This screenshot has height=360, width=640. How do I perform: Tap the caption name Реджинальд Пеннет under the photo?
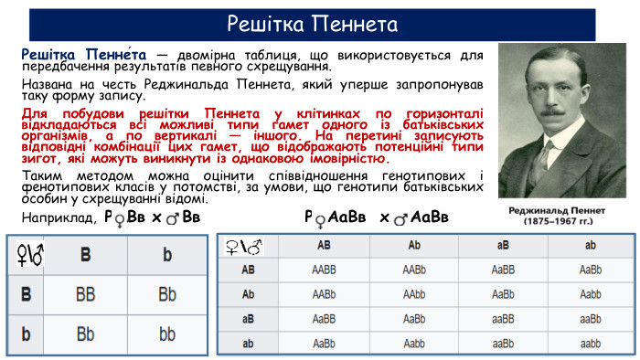[x=559, y=209]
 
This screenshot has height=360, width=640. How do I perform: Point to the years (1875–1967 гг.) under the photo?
[x=559, y=221]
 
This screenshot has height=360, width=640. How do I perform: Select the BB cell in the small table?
[x=85, y=295]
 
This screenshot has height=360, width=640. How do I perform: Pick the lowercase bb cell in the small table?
[x=167, y=334]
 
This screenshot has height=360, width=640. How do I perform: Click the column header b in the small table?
[x=167, y=256]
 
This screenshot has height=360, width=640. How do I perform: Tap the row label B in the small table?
[x=26, y=295]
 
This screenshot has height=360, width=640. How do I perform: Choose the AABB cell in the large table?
[x=324, y=270]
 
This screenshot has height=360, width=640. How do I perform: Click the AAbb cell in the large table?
[x=412, y=295]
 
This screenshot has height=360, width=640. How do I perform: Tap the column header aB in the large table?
[x=502, y=246]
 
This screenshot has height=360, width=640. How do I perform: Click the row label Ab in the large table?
[x=248, y=295]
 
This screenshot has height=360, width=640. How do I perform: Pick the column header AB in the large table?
[x=324, y=246]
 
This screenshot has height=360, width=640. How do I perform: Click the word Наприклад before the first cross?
[x=58, y=218]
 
